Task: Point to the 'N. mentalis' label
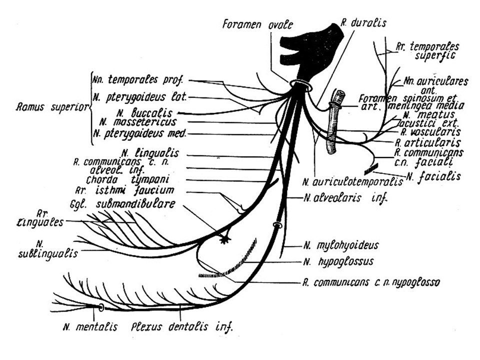pyautogui.click(x=90, y=327)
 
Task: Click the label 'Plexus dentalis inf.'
pyautogui.click(x=182, y=327)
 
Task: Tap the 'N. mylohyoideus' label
pyautogui.click(x=340, y=245)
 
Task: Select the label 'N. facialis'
pyautogui.click(x=426, y=175)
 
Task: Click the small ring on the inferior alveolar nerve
pyautogui.click(x=275, y=226)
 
